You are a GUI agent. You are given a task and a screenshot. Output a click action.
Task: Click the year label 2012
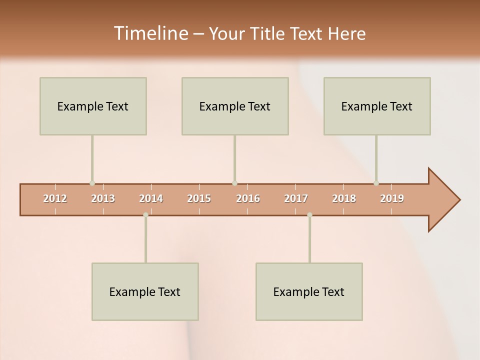pos(55,198)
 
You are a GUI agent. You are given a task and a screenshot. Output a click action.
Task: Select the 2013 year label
pos(103,198)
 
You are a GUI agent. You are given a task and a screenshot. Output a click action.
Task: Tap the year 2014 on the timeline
pos(151,198)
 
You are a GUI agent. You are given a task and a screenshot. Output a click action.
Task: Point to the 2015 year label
pos(199,198)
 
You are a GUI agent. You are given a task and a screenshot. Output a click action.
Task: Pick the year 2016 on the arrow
pos(248,198)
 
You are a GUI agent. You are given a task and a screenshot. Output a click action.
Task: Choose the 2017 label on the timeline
pos(296,198)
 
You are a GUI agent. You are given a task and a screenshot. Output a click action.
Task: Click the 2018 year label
pos(344,198)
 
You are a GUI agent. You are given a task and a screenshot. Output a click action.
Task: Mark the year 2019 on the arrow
pos(392,198)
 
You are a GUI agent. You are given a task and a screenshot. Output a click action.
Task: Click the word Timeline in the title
pos(150,33)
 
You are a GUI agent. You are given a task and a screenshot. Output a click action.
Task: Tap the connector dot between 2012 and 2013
pos(92,183)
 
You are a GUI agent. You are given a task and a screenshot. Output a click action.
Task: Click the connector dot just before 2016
pos(234,183)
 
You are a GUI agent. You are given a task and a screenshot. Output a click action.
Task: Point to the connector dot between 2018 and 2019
pos(376,183)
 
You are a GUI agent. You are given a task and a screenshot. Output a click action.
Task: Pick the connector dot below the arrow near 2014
pos(145,215)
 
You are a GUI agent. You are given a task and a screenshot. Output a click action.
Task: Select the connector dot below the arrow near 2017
pos(309,215)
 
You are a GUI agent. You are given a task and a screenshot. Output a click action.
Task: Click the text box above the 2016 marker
pos(235,106)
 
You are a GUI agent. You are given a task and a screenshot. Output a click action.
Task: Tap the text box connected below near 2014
pos(145,291)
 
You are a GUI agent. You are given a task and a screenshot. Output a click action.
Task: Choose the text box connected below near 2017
pos(309,291)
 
